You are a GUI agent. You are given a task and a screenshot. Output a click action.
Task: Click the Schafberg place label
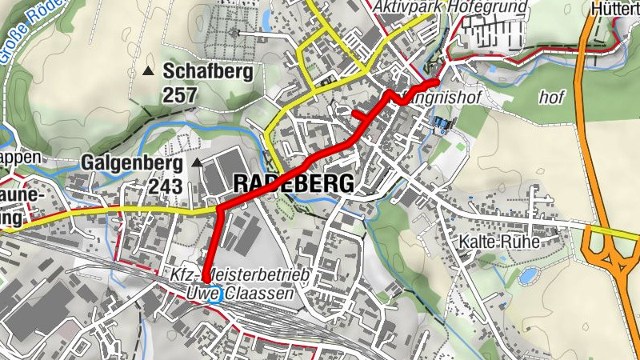(208, 71)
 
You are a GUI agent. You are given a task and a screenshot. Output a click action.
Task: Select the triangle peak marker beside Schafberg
(148, 72)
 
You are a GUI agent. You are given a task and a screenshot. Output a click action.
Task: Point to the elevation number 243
(165, 186)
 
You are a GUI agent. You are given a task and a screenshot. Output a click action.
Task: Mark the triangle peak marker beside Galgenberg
(198, 163)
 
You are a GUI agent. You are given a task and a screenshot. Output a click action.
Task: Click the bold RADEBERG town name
(293, 184)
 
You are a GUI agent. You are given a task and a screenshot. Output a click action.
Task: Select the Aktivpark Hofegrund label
(451, 7)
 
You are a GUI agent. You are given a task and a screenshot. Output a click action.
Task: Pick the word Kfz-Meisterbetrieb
(239, 276)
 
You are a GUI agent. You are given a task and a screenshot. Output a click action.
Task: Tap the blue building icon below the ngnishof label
(441, 124)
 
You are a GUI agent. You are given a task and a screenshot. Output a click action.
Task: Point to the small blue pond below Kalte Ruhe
(528, 277)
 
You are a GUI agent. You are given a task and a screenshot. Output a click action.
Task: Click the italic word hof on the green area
(552, 98)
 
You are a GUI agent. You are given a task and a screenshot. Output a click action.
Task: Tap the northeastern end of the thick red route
(436, 82)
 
